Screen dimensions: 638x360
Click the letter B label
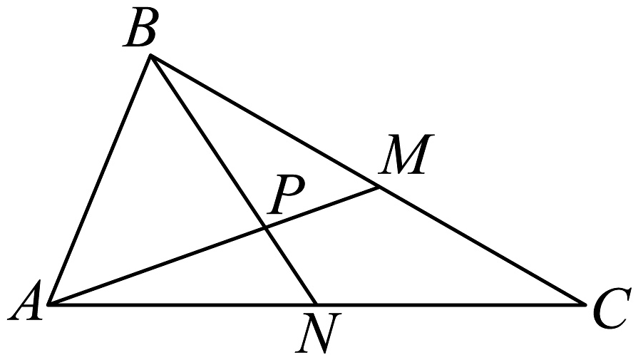point(140,29)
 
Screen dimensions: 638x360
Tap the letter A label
point(26,300)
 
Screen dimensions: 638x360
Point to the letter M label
point(406,154)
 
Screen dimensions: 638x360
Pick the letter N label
point(319,332)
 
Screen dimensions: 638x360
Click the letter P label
point(287,194)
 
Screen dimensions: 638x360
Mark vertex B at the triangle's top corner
point(150,55)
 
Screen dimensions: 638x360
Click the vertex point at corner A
point(48,304)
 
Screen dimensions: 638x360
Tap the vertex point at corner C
point(585,304)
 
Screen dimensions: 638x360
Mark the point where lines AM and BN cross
point(265,229)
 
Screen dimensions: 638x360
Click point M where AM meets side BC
point(379,187)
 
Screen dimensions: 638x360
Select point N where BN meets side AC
point(317,304)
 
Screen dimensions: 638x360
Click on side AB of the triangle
point(99,180)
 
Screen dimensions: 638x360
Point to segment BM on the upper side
point(265,121)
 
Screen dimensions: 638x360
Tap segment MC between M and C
point(482,246)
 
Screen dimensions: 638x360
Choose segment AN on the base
point(182,304)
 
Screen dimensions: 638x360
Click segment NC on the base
point(451,304)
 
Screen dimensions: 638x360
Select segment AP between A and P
point(157,267)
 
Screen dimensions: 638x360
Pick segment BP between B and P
point(208,142)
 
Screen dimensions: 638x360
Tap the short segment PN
point(291,267)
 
